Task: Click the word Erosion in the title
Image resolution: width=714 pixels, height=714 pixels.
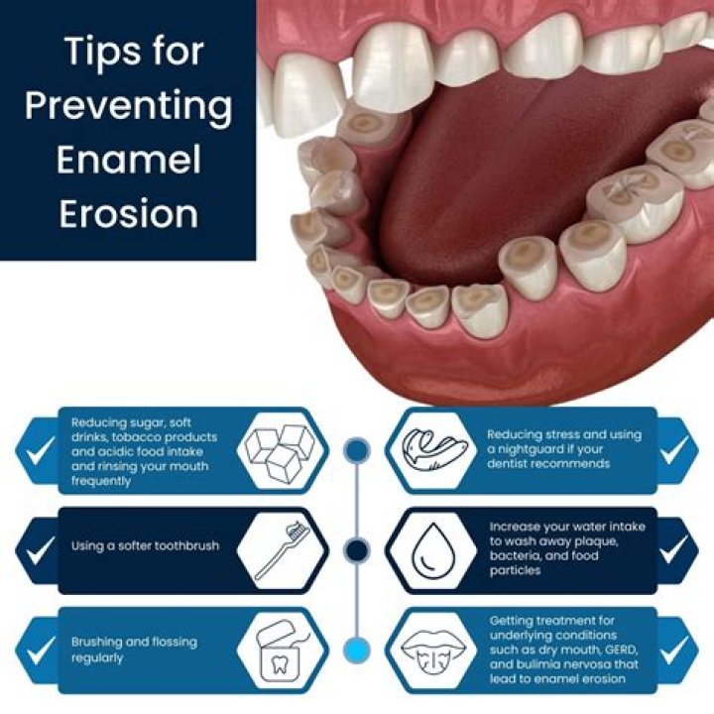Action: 128,214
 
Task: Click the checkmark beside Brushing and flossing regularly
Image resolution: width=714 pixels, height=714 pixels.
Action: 39,650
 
